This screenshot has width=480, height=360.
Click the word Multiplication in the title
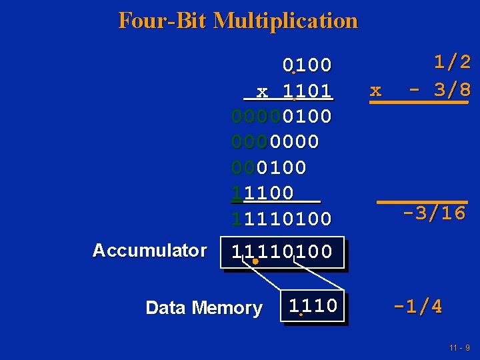[285, 21]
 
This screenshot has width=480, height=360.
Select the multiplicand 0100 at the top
[307, 65]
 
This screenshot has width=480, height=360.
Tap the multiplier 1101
[307, 91]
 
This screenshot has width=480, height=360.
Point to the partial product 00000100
[281, 116]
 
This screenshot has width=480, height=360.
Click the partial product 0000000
[275, 141]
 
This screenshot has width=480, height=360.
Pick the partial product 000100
[269, 167]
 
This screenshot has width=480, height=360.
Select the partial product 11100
[262, 193]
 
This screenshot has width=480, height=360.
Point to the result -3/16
[434, 213]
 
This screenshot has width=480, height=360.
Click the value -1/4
[417, 307]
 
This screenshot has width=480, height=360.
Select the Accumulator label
[149, 251]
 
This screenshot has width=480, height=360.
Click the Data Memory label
[203, 308]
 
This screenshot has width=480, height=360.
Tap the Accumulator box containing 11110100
[281, 253]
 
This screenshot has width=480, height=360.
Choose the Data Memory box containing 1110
[313, 306]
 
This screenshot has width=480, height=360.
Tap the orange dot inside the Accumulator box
[255, 262]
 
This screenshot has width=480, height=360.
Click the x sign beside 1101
[262, 91]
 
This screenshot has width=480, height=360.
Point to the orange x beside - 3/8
[375, 90]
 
